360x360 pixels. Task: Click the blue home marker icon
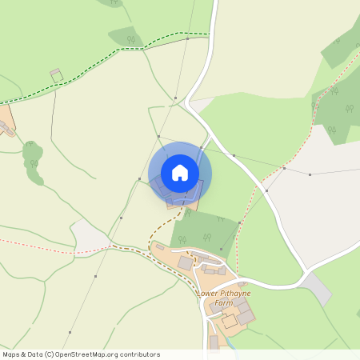click(x=180, y=173)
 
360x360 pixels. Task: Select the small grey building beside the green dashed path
click(x=56, y=74)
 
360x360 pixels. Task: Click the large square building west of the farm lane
click(x=186, y=262)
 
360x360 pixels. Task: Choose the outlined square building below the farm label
click(x=230, y=321)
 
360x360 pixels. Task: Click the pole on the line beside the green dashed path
click(x=188, y=38)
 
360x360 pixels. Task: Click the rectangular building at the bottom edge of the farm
click(x=214, y=342)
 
